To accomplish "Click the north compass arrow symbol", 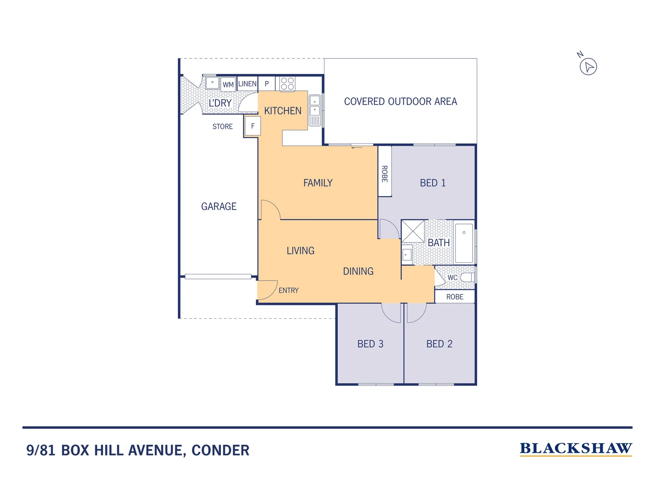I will click(x=588, y=67).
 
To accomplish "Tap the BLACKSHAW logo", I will click(x=575, y=449).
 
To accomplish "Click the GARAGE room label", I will click(x=219, y=206).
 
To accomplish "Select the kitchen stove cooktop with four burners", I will click(x=287, y=84).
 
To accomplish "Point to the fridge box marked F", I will click(x=253, y=126).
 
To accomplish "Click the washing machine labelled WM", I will click(x=228, y=85).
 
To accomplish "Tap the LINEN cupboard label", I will click(x=247, y=84).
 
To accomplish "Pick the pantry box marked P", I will click(x=267, y=84).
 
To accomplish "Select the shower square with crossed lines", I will click(x=413, y=231).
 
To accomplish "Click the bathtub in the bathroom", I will click(x=464, y=243).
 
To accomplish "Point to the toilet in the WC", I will click(x=467, y=278).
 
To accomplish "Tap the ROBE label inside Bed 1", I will click(x=385, y=173).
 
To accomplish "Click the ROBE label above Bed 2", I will click(x=455, y=297).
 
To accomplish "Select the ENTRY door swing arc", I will click(x=268, y=290).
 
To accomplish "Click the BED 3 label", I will click(x=370, y=344).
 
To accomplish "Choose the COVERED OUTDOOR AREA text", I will click(x=400, y=101).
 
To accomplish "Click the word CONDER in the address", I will click(x=220, y=451).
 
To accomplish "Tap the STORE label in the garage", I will click(x=222, y=127).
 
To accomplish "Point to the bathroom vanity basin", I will click(x=406, y=255).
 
